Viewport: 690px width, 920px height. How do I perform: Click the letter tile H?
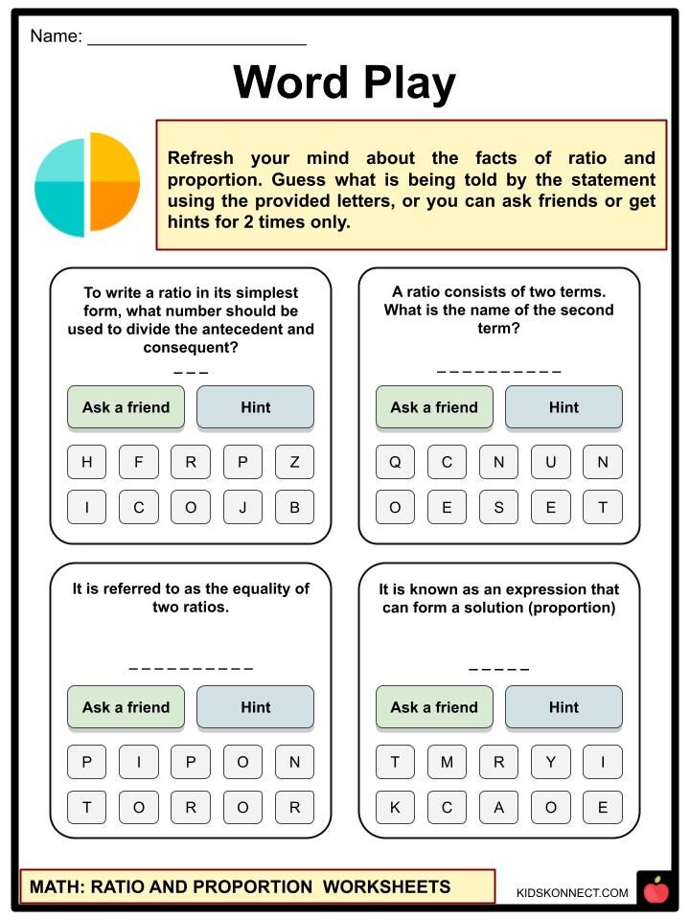[87, 462]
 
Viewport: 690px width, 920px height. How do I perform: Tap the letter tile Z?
[294, 462]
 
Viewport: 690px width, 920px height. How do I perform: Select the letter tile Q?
[395, 462]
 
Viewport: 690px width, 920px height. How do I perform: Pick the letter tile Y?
[551, 762]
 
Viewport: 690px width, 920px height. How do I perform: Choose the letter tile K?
[395, 808]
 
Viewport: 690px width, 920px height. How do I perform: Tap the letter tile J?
[242, 508]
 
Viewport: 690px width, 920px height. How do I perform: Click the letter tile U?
[551, 462]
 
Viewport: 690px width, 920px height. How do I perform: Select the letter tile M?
[447, 762]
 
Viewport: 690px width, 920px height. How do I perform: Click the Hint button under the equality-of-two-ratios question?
[255, 707]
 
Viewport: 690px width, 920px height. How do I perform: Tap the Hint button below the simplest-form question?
[255, 407]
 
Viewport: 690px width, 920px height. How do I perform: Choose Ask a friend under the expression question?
[434, 707]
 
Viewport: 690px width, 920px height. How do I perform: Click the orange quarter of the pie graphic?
[114, 205]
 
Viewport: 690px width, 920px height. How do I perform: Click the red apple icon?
[656, 891]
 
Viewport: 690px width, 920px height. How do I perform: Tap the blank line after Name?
[196, 38]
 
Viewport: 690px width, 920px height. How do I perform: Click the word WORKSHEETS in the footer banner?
[386, 886]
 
